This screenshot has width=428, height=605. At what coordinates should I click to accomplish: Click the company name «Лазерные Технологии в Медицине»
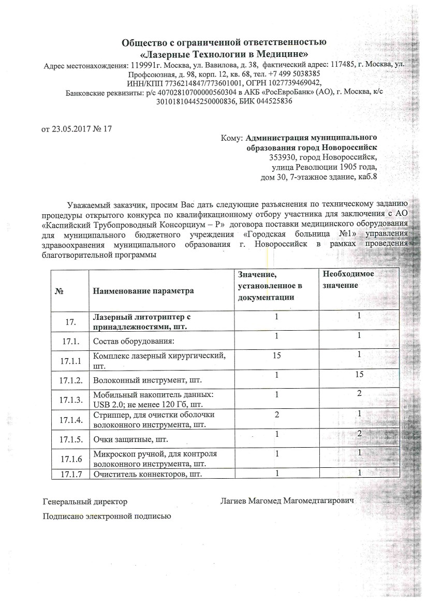[x=224, y=54]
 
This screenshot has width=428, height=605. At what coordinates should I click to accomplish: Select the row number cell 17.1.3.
[x=71, y=400]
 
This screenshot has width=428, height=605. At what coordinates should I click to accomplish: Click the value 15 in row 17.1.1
[x=277, y=357]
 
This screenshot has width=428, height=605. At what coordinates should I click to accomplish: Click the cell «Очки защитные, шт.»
[x=126, y=440]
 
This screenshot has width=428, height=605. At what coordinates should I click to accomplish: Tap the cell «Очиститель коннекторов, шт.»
[x=146, y=474]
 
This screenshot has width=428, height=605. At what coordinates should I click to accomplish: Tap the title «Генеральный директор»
[x=85, y=501]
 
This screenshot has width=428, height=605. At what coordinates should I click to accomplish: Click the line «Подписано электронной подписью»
[x=106, y=516]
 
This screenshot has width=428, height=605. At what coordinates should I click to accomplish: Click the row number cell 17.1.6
[x=71, y=459]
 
